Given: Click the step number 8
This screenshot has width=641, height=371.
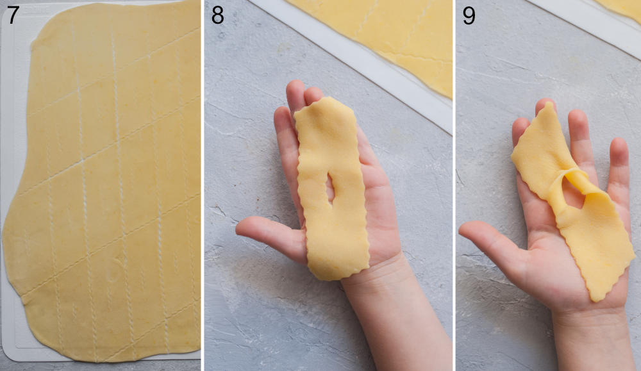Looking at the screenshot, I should point(218,14).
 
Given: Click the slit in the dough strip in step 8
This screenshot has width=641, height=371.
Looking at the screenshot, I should point(329,186).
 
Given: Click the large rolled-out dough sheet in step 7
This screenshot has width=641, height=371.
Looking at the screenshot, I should point(109,186).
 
